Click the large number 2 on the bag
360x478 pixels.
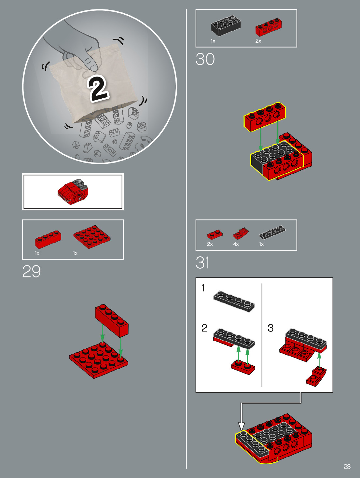tap(98, 89)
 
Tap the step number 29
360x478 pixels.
tap(31, 271)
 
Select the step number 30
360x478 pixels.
tap(205, 59)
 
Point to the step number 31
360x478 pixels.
tap(202, 262)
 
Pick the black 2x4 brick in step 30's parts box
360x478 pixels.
tap(226, 25)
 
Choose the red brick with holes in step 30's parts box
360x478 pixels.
tap(269, 27)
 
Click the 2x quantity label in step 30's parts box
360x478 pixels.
tap(258, 41)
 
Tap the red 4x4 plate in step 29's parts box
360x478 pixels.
tap(92, 237)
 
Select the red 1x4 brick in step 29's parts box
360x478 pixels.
tap(48, 239)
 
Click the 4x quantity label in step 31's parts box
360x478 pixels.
tap(236, 244)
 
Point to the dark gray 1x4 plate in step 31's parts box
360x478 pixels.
tap(272, 232)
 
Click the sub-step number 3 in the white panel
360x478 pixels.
tap(270, 328)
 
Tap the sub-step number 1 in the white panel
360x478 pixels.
tap(203, 288)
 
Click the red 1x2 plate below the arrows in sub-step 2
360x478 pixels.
tap(243, 367)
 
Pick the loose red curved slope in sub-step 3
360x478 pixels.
tap(316, 376)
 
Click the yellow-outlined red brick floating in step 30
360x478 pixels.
tap(265, 117)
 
